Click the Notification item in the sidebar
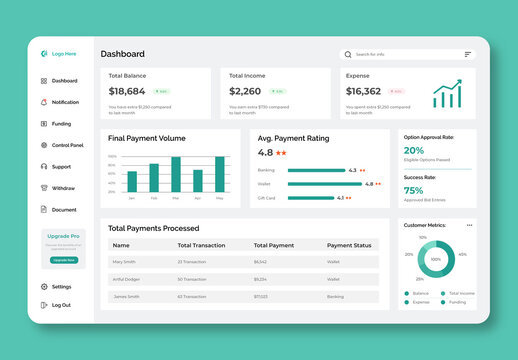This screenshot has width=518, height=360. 64,102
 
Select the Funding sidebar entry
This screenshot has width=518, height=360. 61,124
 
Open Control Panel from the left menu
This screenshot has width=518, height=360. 67,145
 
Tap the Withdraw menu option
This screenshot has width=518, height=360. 62,188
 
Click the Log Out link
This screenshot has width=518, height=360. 61,305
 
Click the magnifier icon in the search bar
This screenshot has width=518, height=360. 348,54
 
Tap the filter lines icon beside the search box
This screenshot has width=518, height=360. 467,54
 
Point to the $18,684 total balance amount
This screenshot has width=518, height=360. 127,91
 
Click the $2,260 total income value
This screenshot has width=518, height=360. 245,91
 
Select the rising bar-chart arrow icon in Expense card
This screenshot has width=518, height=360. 447,94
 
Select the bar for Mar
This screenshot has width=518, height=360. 176,174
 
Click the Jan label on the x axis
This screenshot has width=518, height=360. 131,198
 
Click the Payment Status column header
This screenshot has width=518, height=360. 349,245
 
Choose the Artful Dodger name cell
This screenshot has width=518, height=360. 127,279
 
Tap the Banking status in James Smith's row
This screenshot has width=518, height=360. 335,296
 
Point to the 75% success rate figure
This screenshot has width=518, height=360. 413,190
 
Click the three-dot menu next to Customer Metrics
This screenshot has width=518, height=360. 469,225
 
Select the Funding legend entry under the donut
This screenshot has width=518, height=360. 457,301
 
